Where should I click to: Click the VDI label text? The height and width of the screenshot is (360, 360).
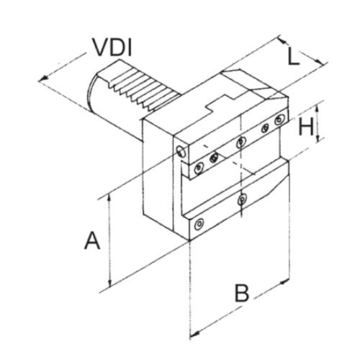(x=113, y=48)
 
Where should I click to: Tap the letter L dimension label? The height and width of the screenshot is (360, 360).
(x=293, y=56)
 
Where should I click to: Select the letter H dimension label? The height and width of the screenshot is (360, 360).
(x=306, y=127)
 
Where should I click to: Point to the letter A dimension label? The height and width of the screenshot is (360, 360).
(x=92, y=240)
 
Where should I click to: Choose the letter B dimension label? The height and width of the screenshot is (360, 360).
(x=242, y=293)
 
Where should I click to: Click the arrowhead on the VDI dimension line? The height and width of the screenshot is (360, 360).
(x=44, y=78)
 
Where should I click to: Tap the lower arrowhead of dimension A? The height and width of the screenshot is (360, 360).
(x=110, y=283)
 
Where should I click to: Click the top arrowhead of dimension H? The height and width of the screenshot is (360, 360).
(x=318, y=109)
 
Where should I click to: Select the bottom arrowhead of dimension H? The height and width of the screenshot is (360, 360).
(x=318, y=138)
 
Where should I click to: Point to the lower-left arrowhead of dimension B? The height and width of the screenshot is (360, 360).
(x=194, y=333)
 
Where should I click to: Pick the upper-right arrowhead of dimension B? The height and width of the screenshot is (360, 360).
(x=285, y=282)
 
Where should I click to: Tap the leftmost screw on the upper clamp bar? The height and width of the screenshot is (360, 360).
(x=199, y=168)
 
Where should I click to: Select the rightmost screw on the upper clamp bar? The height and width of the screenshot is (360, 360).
(x=279, y=120)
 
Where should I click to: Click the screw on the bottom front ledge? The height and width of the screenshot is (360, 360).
(x=199, y=224)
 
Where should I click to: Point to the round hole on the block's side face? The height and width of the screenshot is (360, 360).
(x=181, y=150)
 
